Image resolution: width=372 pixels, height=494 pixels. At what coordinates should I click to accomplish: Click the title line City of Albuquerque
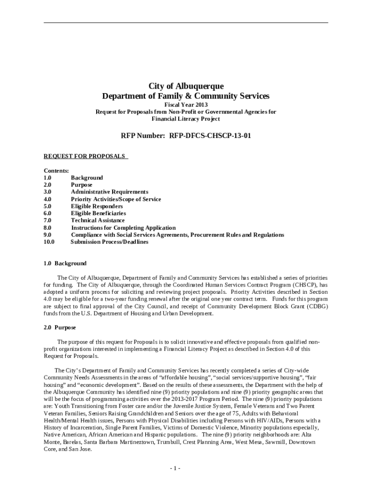[186, 86]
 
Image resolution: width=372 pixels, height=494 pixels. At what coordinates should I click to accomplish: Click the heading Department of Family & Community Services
[186, 96]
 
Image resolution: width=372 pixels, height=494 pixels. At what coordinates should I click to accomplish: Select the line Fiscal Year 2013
[186, 104]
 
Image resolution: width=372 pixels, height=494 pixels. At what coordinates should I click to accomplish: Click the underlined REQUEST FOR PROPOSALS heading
[85, 156]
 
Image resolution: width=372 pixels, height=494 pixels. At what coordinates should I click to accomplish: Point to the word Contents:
[57, 171]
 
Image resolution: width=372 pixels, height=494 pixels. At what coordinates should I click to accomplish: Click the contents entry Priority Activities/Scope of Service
[116, 199]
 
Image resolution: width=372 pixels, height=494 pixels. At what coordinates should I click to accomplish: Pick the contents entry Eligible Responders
[97, 206]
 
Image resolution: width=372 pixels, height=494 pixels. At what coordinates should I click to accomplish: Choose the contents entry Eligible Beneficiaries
[99, 213]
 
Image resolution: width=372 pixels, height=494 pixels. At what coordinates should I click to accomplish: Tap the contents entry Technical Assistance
[98, 220]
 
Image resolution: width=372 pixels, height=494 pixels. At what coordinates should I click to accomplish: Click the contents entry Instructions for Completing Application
[123, 228]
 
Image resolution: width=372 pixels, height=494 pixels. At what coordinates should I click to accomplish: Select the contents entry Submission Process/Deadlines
[110, 242]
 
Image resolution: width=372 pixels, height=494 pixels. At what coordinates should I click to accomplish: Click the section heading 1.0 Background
[65, 263]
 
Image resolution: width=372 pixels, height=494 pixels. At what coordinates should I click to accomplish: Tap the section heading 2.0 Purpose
[60, 328]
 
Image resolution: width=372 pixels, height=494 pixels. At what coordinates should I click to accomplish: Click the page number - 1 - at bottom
[175, 468]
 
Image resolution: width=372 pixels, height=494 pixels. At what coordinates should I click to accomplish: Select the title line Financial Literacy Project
[186, 119]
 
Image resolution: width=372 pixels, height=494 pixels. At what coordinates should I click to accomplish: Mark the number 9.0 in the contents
[48, 235]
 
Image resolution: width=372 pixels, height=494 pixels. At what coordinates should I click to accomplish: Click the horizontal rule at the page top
[186, 23]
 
